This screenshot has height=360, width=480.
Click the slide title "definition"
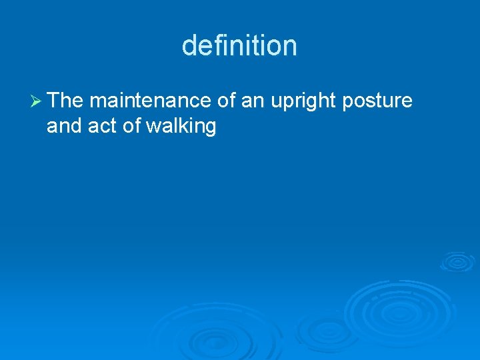click(x=239, y=46)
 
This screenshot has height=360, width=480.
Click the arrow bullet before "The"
click(x=37, y=101)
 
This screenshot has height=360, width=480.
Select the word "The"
click(x=65, y=101)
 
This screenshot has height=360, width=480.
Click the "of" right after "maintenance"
click(x=227, y=101)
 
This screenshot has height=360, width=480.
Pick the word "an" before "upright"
click(x=253, y=101)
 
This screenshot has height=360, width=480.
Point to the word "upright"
click(x=303, y=102)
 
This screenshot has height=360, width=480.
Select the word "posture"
click(x=377, y=102)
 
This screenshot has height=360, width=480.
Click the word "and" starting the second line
click(x=63, y=126)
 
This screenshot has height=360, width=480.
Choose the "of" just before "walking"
click(x=130, y=126)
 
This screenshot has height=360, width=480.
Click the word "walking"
click(x=181, y=127)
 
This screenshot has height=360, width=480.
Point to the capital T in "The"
click(x=53, y=101)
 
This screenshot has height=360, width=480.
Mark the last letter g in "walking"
click(x=210, y=128)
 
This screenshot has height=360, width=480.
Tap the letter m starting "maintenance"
click(x=96, y=101)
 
